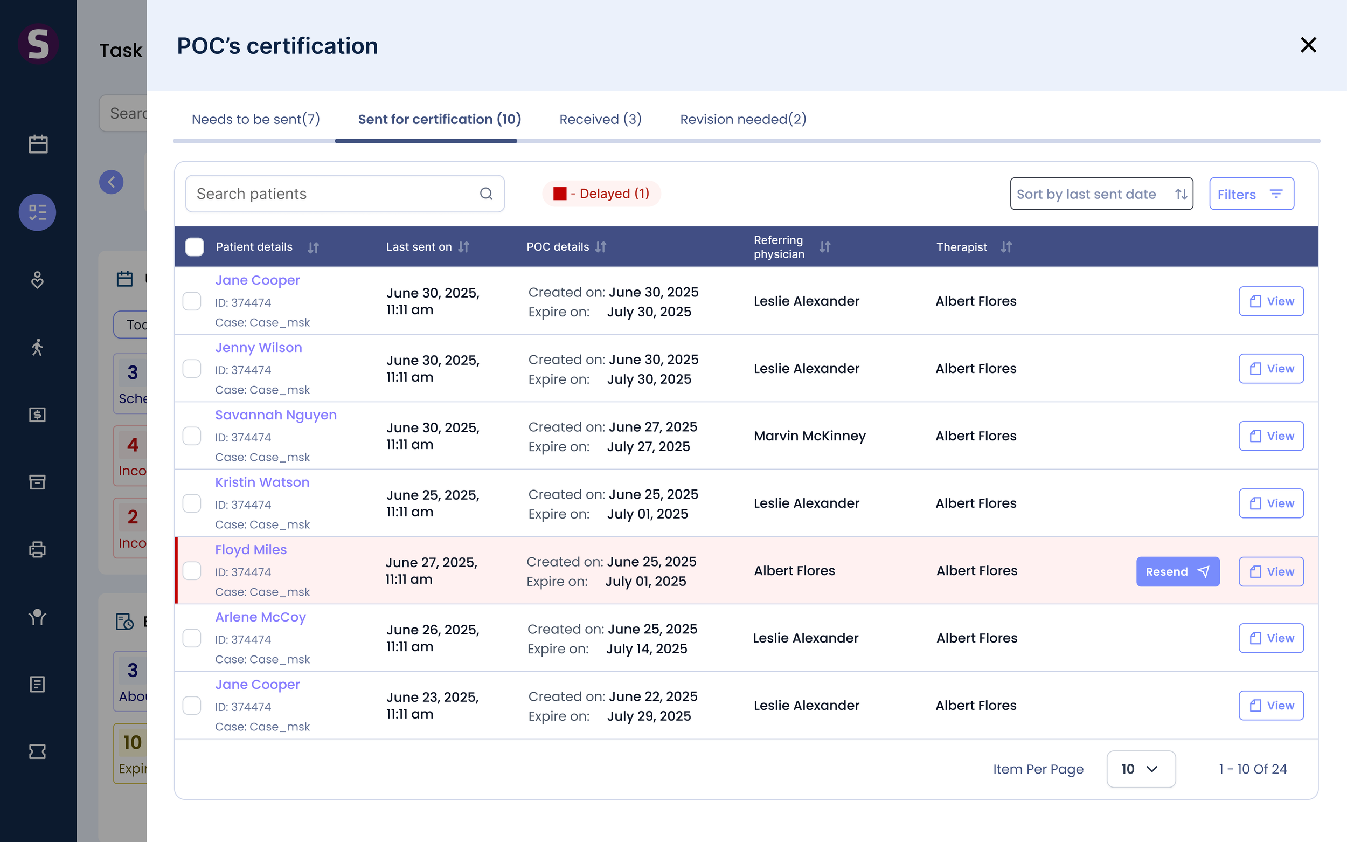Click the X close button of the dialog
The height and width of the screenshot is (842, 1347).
[x=1308, y=45]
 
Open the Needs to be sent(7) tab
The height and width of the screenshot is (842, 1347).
[x=255, y=119]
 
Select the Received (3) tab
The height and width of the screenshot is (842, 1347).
[x=600, y=119]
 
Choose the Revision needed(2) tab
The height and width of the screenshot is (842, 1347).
[x=743, y=119]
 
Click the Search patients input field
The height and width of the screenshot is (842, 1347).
[x=344, y=194]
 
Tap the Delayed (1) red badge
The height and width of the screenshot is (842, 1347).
[x=601, y=194]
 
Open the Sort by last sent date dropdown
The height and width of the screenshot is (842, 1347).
[x=1101, y=194]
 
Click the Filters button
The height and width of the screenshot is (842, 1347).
[x=1251, y=194]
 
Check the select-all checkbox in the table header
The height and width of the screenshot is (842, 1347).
[x=195, y=247]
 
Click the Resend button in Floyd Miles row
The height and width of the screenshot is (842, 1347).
[x=1178, y=571]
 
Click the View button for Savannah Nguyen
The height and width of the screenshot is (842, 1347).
[x=1270, y=436]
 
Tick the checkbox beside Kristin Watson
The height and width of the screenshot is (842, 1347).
[x=192, y=503]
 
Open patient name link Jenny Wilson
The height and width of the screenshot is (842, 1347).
[x=259, y=348]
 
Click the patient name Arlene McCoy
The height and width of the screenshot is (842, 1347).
[x=260, y=617]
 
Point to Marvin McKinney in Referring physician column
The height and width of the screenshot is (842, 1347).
[x=809, y=436]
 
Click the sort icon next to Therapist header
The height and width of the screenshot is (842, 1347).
[x=1006, y=247]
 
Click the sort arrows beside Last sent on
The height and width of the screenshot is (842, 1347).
[x=464, y=247]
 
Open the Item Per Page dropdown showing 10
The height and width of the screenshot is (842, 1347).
[x=1141, y=769]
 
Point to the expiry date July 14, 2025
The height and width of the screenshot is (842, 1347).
[x=647, y=649]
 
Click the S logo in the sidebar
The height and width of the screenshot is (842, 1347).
[x=38, y=44]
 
